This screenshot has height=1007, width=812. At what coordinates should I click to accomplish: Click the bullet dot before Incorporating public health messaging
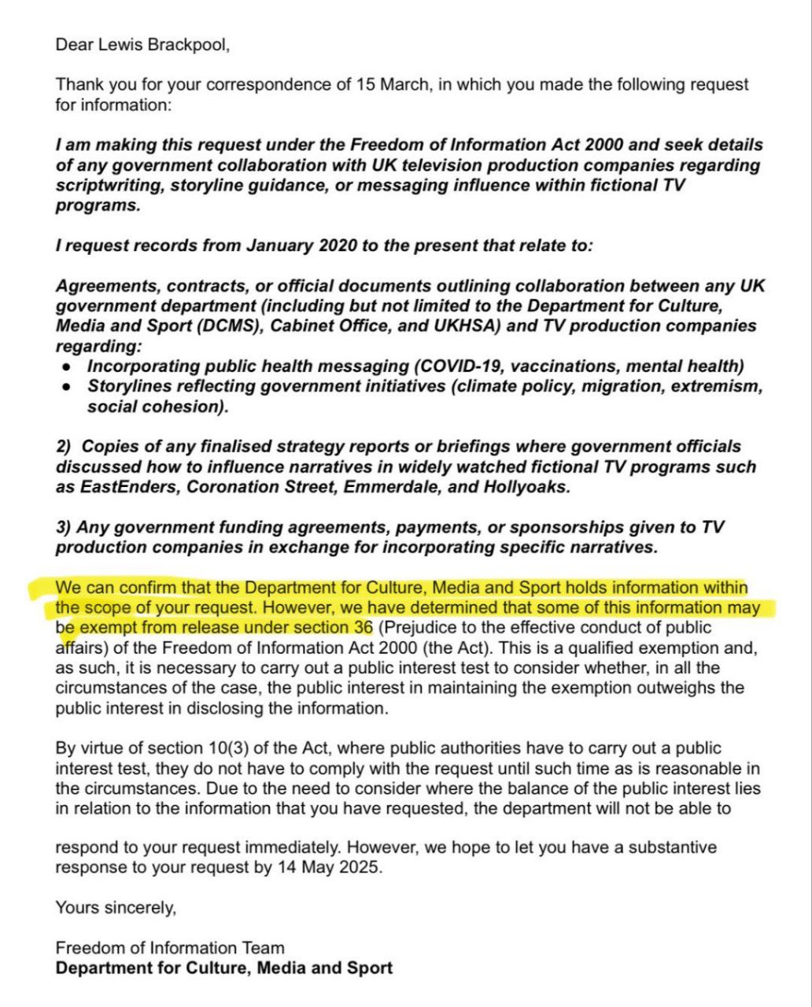(x=68, y=367)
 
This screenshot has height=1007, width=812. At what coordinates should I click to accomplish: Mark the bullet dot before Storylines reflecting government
(x=68, y=387)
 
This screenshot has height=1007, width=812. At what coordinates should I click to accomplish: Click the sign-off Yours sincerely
(x=116, y=908)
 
